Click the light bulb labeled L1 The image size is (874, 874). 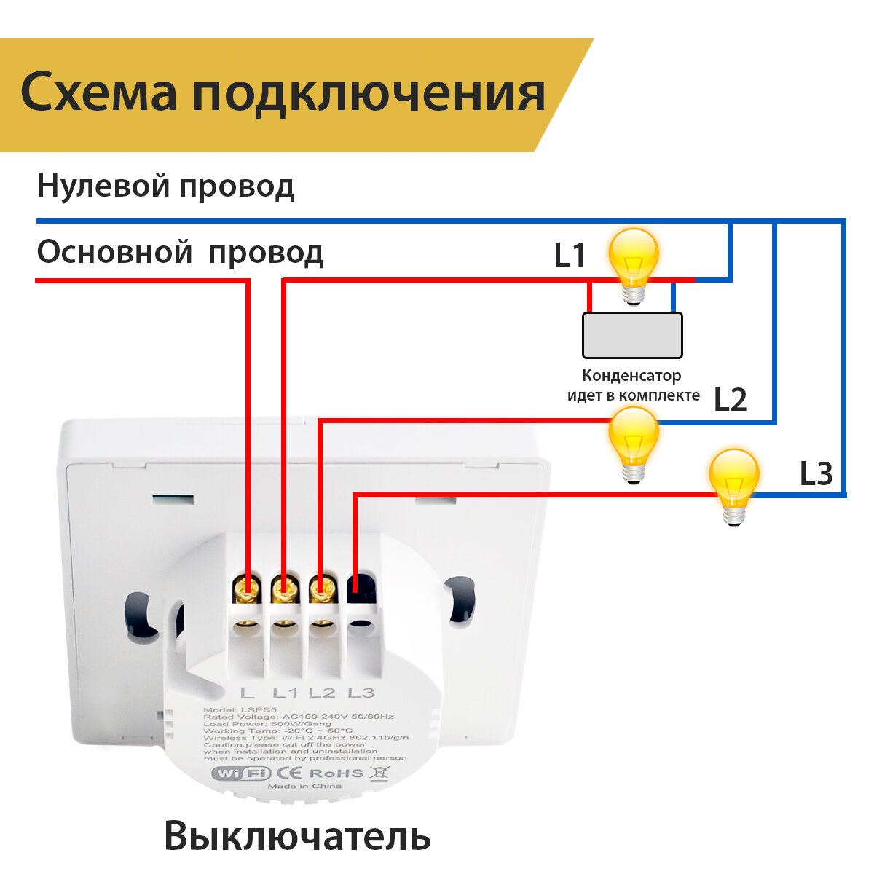pos(634,264)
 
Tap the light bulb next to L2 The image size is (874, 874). pos(634,441)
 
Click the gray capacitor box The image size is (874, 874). pos(632,335)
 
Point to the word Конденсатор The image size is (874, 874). pos(631,376)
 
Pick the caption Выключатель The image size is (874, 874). pos(297,837)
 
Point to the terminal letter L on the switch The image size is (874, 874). pos(247,693)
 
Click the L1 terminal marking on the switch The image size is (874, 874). pos(286,693)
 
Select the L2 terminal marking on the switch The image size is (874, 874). pos(322,693)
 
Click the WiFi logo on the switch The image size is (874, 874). pos(240,773)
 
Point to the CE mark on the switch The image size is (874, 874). pos(288,773)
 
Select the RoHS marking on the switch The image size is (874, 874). pos(336,773)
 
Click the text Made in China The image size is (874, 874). pos(304,787)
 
